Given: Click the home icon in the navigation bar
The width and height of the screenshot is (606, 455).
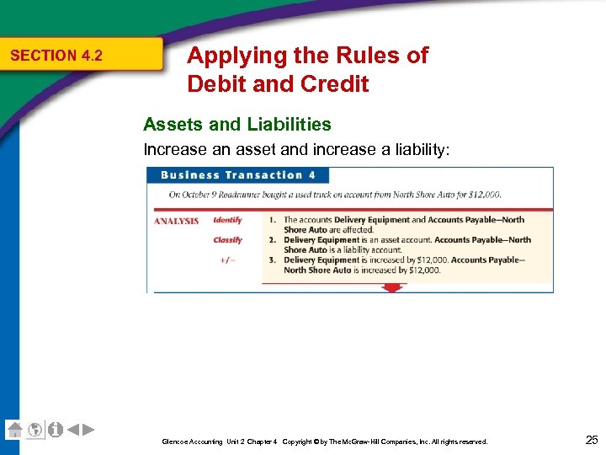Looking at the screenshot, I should (x=14, y=430).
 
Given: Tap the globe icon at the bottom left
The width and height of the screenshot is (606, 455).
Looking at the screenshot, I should (x=35, y=430).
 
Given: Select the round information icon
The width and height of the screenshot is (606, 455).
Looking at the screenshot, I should (x=56, y=430).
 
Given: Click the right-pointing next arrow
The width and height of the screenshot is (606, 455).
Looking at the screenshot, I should (x=88, y=430).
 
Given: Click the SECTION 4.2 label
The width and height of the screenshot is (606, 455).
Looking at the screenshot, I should (x=56, y=56).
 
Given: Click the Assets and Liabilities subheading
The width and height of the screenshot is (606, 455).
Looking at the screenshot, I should (x=237, y=125).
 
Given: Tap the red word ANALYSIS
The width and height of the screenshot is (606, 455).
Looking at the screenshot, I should (x=176, y=221).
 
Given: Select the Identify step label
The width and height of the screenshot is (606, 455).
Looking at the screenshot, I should (x=227, y=220).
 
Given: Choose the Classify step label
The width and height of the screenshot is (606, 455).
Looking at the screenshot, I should (x=227, y=240).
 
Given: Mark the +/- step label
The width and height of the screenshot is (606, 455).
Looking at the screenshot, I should (x=227, y=260).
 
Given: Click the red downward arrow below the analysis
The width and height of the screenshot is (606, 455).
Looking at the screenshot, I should (x=390, y=288).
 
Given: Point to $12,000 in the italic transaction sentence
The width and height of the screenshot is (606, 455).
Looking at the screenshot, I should (x=483, y=195).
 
